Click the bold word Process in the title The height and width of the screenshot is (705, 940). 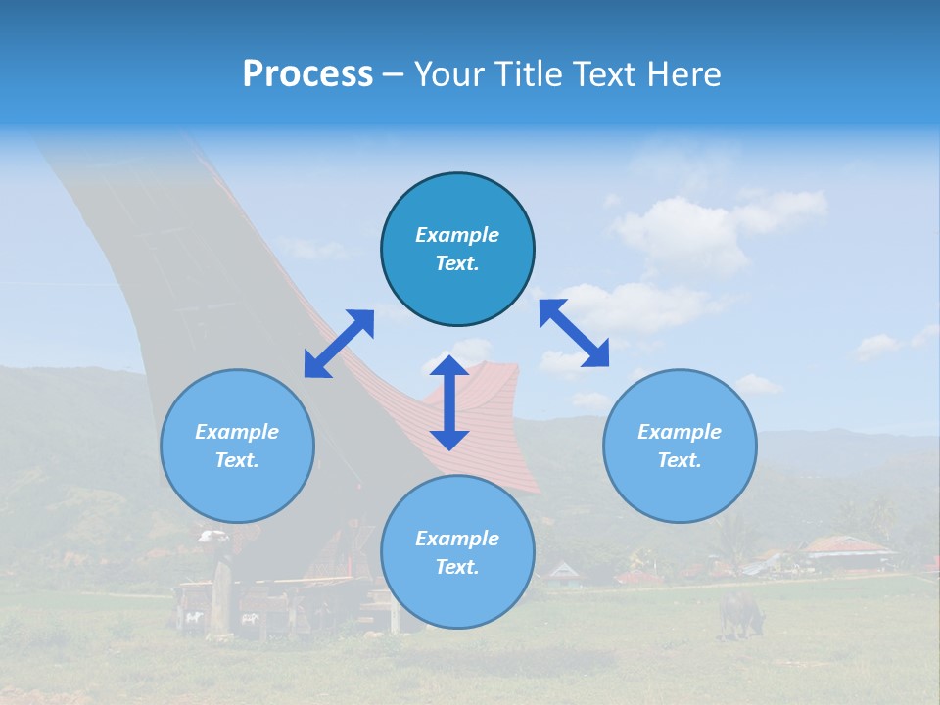pyautogui.click(x=307, y=74)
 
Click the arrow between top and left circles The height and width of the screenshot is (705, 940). pyautogui.click(x=339, y=344)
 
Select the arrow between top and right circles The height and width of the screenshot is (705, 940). pyautogui.click(x=574, y=333)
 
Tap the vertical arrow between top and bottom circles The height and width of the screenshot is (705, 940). pyautogui.click(x=449, y=401)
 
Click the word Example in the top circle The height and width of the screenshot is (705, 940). pyautogui.click(x=457, y=235)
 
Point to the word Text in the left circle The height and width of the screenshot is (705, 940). pyautogui.click(x=237, y=460)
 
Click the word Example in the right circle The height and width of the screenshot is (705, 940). pyautogui.click(x=680, y=432)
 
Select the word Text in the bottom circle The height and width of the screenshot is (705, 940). pyautogui.click(x=457, y=567)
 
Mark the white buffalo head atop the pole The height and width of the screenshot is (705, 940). pyautogui.click(x=212, y=537)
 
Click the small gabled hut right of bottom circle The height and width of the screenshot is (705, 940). pyautogui.click(x=563, y=571)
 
